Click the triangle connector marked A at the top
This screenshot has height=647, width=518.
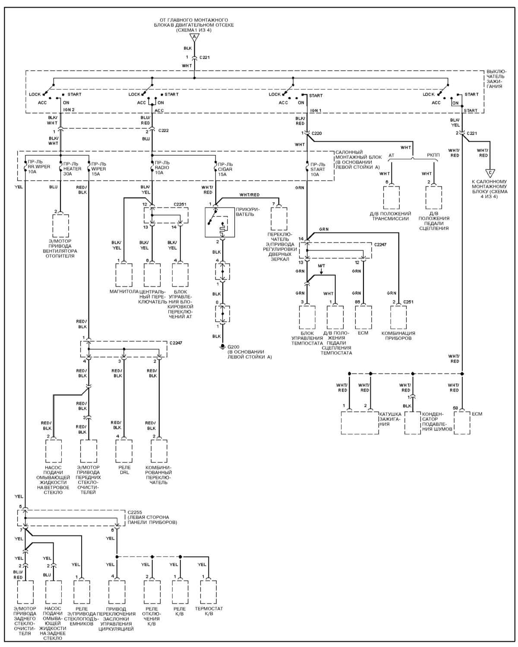pyautogui.click(x=194, y=37)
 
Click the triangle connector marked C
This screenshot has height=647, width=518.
pyautogui.click(x=490, y=173)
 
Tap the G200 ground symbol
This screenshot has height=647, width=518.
pyautogui.click(x=222, y=347)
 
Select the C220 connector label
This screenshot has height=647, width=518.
pyautogui.click(x=317, y=133)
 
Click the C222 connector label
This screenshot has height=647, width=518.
pyautogui.click(x=163, y=131)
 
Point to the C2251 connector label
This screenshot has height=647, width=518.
pyautogui.click(x=180, y=204)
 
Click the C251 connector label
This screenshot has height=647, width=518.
pyautogui.click(x=408, y=302)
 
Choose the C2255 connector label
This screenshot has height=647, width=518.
pyautogui.click(x=135, y=512)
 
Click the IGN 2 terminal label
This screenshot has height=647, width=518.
pyautogui.click(x=69, y=110)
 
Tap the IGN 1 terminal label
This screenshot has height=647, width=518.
pyautogui.click(x=316, y=110)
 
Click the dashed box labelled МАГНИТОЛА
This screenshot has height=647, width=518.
pyautogui.click(x=124, y=275)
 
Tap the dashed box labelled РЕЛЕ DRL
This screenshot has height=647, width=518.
pyautogui.click(x=124, y=451)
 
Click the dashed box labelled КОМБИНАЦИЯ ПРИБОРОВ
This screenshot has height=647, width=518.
pyautogui.click(x=398, y=318)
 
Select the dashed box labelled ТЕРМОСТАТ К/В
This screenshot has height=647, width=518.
pyautogui.click(x=208, y=592)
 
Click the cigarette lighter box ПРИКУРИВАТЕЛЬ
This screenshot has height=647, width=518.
pyautogui.click(x=220, y=222)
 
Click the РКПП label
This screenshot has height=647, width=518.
pyautogui.click(x=433, y=155)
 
